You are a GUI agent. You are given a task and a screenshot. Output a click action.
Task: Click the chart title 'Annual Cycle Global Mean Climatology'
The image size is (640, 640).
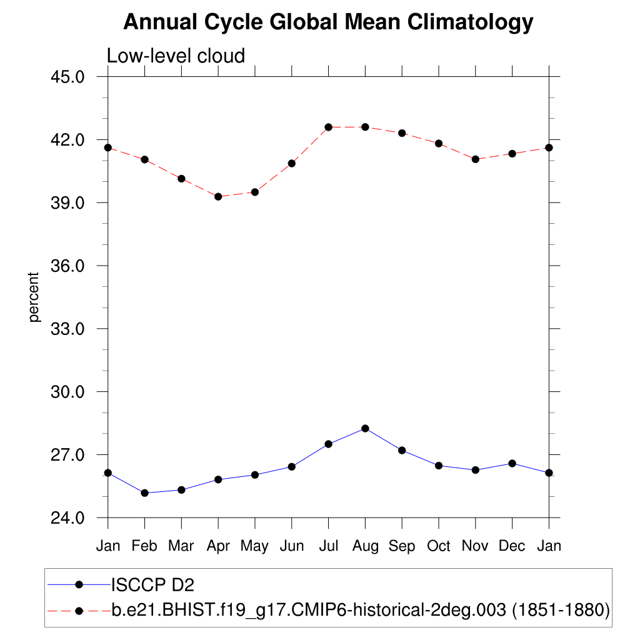[328, 22]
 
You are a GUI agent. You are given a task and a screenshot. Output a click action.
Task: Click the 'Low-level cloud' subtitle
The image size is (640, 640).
[176, 56]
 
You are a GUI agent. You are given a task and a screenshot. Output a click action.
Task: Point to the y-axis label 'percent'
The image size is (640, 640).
[34, 297]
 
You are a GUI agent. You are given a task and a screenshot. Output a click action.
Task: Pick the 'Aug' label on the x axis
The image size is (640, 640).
[365, 546]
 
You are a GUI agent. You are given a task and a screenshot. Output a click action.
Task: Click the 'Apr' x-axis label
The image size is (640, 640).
[218, 546]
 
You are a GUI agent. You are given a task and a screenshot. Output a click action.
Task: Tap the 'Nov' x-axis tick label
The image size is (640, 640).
[475, 546]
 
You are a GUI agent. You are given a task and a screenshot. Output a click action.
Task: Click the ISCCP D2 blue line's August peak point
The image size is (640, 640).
[365, 428]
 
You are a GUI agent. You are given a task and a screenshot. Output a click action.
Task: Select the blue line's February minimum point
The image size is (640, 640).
[144, 493]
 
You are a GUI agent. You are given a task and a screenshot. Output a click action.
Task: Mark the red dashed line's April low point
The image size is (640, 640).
[218, 196]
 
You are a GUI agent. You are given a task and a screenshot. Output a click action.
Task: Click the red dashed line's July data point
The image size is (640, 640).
[328, 127]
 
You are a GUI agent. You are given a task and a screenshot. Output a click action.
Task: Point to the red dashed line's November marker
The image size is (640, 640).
[475, 159]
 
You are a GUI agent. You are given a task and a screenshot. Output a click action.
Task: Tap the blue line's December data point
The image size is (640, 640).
[512, 463]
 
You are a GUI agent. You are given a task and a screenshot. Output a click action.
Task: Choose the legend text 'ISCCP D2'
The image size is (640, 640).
[152, 585]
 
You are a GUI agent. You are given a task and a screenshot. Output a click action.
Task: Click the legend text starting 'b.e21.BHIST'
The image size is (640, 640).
[361, 609]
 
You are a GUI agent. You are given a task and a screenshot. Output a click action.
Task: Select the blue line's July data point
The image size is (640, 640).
[328, 444]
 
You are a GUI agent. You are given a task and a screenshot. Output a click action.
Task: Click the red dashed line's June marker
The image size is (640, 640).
[291, 163]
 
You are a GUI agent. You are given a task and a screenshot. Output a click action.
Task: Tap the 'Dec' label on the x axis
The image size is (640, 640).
[512, 546]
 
